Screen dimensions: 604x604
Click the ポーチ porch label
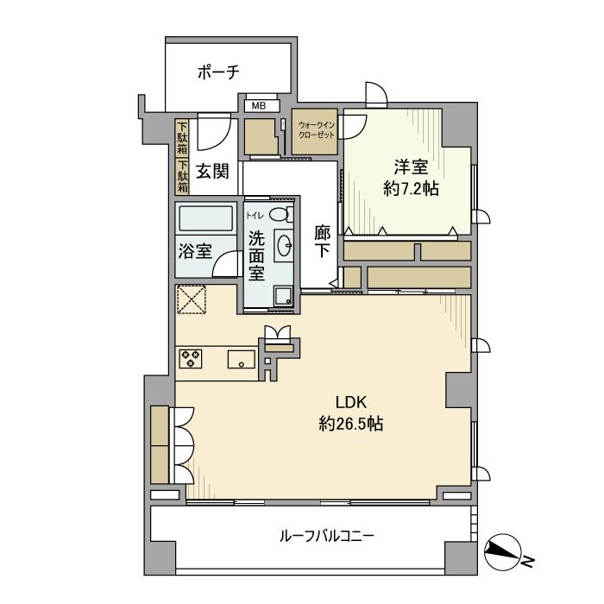(217, 72)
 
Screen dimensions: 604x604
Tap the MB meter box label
(260, 106)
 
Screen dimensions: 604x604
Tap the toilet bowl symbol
(279, 213)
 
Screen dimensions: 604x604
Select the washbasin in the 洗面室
(283, 245)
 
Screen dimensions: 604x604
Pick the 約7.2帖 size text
(411, 188)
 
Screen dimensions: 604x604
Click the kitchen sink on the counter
(241, 360)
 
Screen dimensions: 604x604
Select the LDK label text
(352, 401)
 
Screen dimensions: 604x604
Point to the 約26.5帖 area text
(351, 424)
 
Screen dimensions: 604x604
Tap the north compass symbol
(503, 552)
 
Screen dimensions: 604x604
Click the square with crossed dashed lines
(191, 301)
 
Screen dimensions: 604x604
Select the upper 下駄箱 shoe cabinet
(183, 137)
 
